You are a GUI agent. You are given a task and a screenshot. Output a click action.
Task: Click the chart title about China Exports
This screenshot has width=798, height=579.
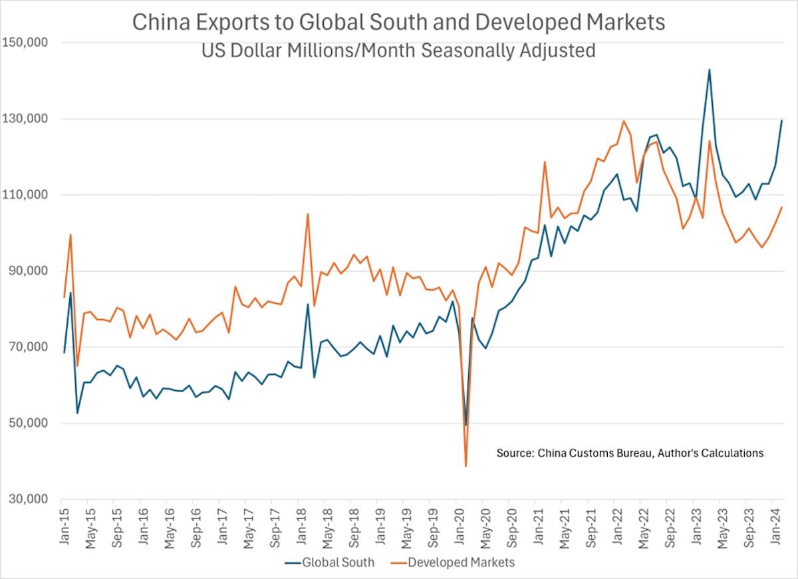(x=398, y=22)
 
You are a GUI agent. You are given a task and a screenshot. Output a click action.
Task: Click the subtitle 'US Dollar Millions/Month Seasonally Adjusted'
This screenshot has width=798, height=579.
(x=398, y=50)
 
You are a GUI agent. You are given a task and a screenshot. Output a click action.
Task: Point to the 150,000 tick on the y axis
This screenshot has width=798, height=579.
(x=26, y=43)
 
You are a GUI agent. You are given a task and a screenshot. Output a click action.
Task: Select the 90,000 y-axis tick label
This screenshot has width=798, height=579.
(x=29, y=271)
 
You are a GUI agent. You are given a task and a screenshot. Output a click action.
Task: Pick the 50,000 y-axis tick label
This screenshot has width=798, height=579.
(x=29, y=423)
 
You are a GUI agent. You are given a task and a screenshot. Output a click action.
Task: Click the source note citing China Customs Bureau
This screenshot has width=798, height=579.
(x=630, y=453)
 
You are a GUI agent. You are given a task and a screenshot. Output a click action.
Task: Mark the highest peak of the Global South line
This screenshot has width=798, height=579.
(x=710, y=70)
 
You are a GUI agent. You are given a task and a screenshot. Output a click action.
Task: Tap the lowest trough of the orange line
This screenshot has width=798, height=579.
(x=466, y=466)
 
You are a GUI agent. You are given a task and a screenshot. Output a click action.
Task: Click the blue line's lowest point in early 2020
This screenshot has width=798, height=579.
(x=466, y=425)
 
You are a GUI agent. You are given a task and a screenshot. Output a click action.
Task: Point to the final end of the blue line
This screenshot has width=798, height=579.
(x=781, y=120)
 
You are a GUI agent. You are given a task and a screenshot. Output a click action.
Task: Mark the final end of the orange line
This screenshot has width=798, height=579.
(x=781, y=207)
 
